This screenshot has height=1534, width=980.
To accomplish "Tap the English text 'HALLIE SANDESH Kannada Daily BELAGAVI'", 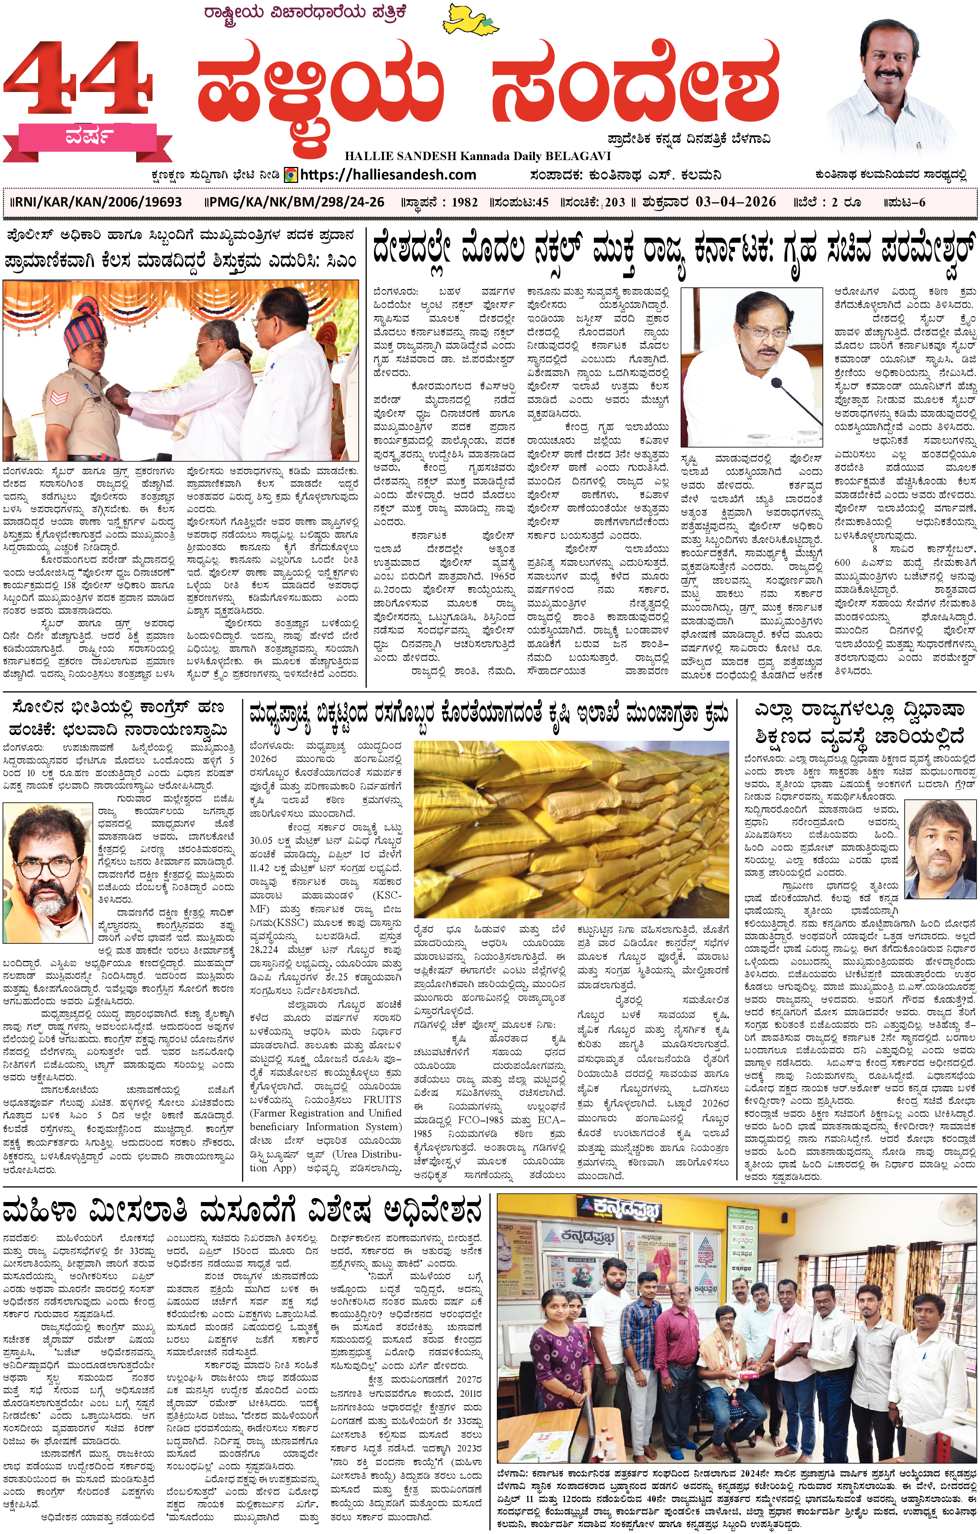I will point(477,156).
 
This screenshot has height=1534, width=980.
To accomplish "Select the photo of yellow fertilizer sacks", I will point(571,828).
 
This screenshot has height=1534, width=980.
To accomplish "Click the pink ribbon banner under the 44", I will point(89,137).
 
